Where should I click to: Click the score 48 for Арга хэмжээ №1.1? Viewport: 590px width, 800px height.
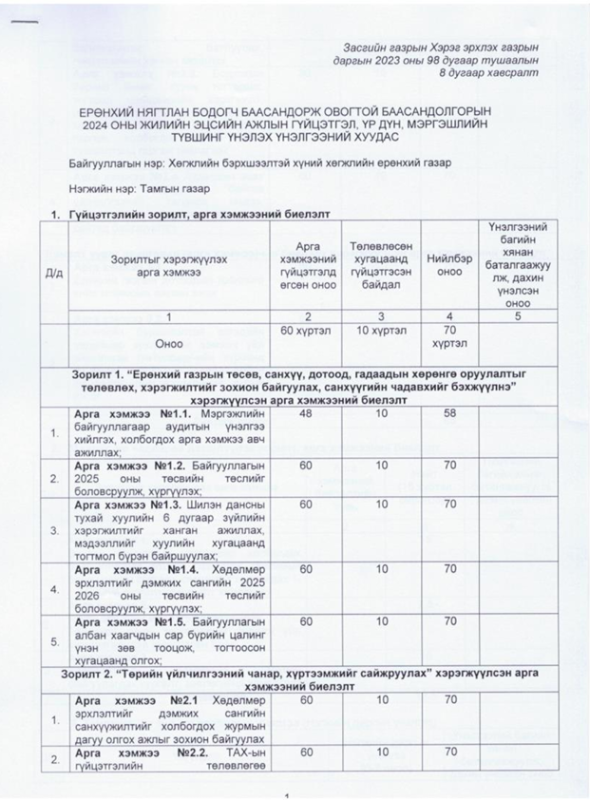305,414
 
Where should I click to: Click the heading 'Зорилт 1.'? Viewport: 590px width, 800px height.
103,374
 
